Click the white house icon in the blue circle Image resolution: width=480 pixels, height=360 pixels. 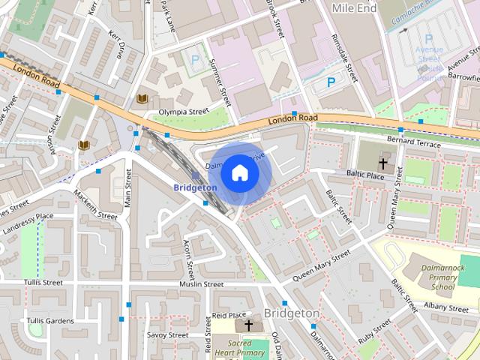(239, 172)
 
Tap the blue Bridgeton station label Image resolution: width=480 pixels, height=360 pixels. (195, 187)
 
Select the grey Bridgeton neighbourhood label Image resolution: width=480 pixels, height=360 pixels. (292, 313)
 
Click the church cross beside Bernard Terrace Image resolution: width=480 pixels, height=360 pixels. (383, 163)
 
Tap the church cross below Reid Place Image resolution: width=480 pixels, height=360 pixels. (248, 325)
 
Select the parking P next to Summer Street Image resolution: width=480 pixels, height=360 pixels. (196, 58)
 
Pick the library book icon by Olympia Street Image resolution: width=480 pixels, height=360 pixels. (142, 98)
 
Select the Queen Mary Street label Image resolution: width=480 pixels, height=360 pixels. (321, 265)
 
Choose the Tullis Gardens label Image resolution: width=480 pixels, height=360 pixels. (50, 321)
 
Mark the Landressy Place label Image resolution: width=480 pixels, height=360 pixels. (28, 218)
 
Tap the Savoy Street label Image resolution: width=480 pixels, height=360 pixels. (166, 334)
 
